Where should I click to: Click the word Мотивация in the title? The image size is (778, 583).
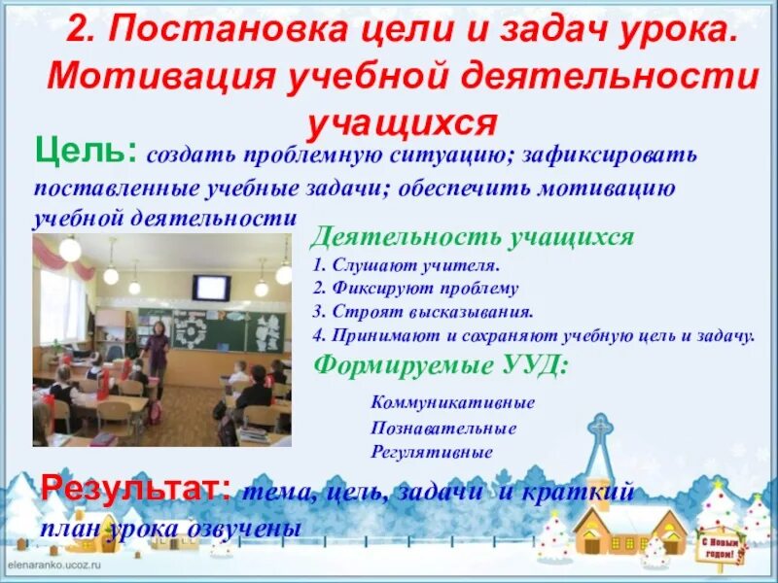tap(159, 77)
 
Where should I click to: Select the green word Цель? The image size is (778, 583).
tap(86, 152)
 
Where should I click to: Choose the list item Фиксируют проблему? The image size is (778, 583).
tap(416, 289)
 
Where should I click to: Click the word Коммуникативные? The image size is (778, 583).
tap(452, 402)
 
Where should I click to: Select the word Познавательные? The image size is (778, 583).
tap(442, 428)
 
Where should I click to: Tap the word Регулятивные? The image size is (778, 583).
tap(431, 452)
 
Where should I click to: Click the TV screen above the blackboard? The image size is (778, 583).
tap(210, 287)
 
